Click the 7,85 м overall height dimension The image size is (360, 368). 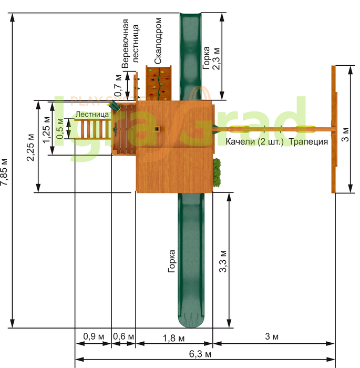point(4,172)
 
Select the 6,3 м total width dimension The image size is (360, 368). point(200,354)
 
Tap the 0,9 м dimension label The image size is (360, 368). point(94,336)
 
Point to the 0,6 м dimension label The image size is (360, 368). point(124,336)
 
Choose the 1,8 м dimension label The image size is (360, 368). point(173,338)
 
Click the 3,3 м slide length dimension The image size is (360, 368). point(223,261)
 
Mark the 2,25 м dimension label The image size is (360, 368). point(30,147)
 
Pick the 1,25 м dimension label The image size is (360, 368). point(46,129)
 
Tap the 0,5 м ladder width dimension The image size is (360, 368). point(59,128)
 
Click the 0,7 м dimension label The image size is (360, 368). point(118,85)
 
